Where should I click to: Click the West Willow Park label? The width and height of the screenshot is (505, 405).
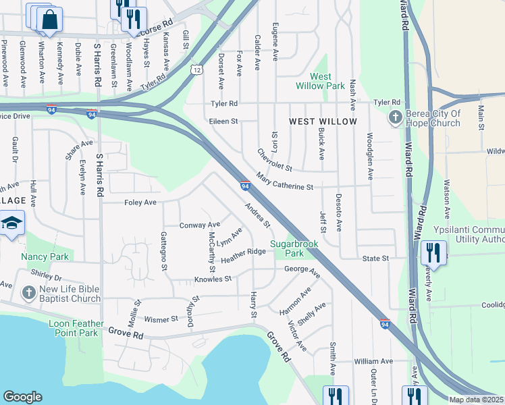[319, 81]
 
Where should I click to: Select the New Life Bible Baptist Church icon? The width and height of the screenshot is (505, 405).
[28, 293]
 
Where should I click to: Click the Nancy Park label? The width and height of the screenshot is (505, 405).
[45, 256]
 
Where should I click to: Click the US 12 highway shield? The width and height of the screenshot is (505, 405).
[196, 70]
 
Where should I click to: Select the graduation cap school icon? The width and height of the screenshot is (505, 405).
[11, 223]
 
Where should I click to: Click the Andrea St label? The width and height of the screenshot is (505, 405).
[257, 215]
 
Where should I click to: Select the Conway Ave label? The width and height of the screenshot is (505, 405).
[200, 225]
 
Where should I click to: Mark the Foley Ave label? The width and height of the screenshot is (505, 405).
[140, 202]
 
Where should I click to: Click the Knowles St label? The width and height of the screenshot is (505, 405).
[213, 278]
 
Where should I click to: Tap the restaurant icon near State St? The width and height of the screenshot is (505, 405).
[433, 254]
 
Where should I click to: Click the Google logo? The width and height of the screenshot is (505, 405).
[22, 397]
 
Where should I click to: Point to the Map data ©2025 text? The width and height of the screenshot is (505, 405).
[476, 400]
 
